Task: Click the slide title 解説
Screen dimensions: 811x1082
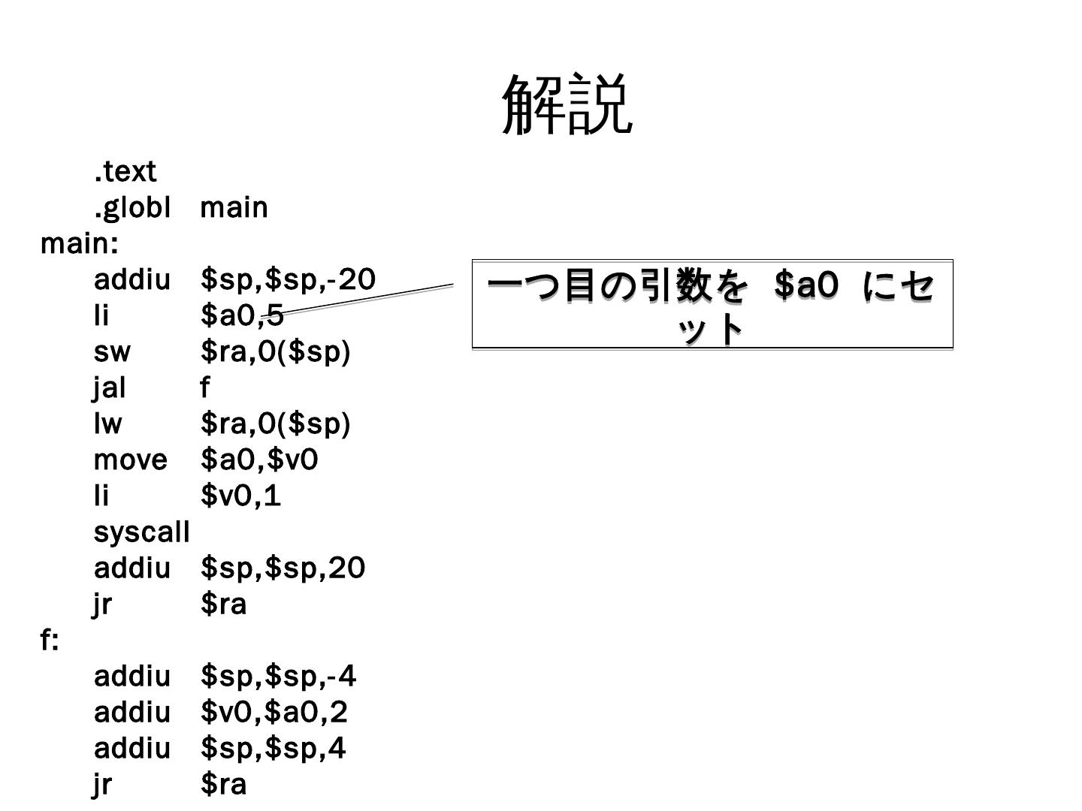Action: (x=567, y=105)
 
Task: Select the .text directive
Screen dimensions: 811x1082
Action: (x=125, y=171)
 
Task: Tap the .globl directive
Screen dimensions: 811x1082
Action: (x=132, y=207)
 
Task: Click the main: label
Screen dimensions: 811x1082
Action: (x=79, y=243)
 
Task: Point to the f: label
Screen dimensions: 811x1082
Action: (x=49, y=641)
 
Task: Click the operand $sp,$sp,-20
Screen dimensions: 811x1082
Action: (x=288, y=279)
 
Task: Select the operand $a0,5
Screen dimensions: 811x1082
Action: (x=242, y=315)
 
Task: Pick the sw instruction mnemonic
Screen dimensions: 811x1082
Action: (x=112, y=351)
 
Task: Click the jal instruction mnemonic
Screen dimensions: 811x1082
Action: (x=110, y=387)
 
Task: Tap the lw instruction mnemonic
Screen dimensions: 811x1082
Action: (x=107, y=424)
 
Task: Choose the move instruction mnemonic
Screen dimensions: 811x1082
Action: (x=130, y=460)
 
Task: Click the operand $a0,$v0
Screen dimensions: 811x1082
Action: (x=259, y=460)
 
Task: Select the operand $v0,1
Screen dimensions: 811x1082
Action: (x=240, y=496)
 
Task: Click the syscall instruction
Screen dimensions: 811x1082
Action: (x=141, y=532)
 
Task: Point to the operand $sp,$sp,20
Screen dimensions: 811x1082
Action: (x=283, y=568)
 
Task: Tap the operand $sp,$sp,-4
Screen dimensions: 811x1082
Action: (x=278, y=677)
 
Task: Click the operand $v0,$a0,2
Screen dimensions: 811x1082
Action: (x=274, y=712)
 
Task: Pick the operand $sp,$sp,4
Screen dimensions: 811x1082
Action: (x=273, y=748)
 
